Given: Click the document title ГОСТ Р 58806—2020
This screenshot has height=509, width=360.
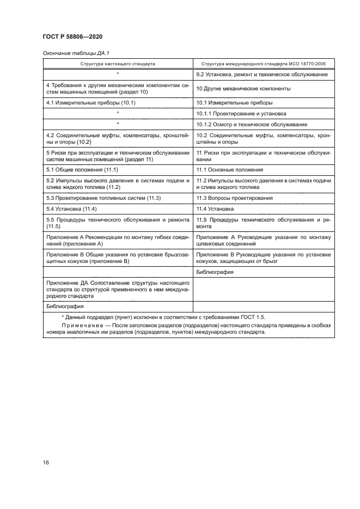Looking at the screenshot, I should pos(72,36).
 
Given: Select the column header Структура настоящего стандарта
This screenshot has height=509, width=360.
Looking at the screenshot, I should pos(118,64).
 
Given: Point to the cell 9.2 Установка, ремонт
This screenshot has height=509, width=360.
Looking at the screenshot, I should pos(261,74).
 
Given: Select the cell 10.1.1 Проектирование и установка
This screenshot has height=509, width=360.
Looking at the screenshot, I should pos(241,113).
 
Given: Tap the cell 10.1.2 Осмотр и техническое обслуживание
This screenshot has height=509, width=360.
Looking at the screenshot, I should pos(251,125).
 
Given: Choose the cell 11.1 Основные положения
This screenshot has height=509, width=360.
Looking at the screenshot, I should pos(230,170).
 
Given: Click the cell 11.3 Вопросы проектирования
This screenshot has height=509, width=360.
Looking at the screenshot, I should pos(234,198).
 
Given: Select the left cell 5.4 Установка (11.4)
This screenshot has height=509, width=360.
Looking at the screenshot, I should pos(71,208).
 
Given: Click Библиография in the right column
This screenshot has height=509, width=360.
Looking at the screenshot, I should pos(215,272).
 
